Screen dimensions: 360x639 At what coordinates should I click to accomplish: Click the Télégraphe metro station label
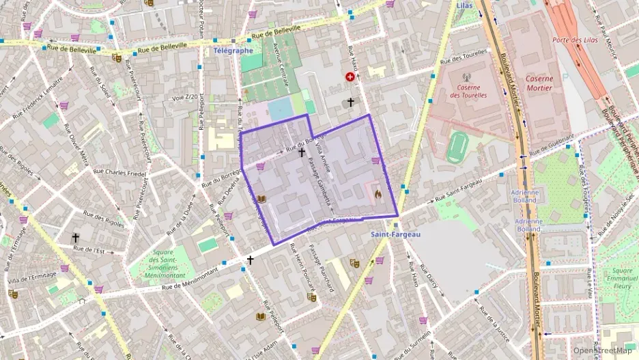click(x=233, y=51)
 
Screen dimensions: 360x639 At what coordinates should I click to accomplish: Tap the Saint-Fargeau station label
click(x=396, y=234)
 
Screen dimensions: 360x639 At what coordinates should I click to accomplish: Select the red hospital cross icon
click(x=351, y=79)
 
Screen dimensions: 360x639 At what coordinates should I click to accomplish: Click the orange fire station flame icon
click(x=378, y=195)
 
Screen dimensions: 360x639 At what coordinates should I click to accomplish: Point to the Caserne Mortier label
click(x=539, y=83)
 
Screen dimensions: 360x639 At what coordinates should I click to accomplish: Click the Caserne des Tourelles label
click(x=468, y=91)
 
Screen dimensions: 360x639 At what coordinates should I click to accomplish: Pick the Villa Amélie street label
click(x=326, y=158)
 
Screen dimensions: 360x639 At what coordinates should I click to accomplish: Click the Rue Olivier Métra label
click(x=77, y=146)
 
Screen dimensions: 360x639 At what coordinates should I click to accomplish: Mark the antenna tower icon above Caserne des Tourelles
click(x=466, y=77)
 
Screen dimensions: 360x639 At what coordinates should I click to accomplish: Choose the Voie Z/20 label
click(x=185, y=97)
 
